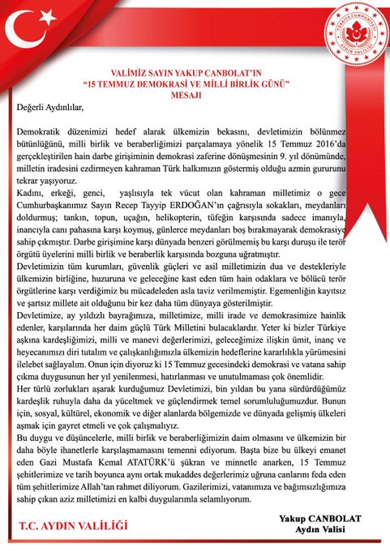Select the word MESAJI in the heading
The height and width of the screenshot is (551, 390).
click(192, 93)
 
